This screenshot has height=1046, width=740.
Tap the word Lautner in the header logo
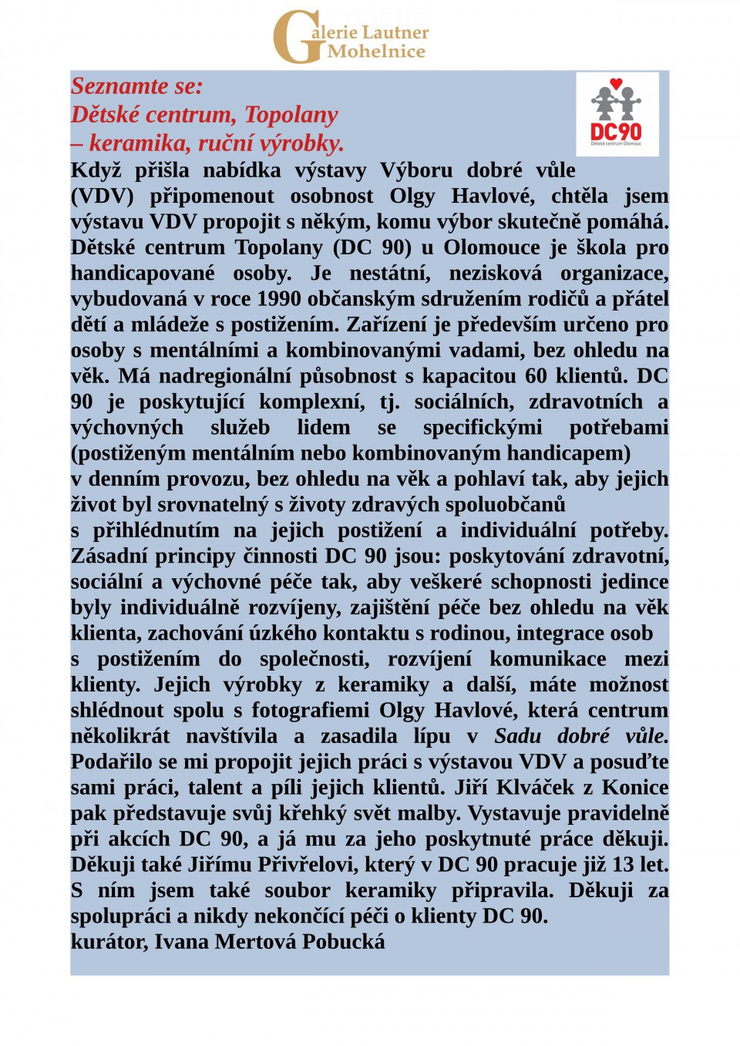(x=395, y=32)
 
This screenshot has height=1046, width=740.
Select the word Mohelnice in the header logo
(x=376, y=52)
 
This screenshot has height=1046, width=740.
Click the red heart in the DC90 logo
(x=615, y=83)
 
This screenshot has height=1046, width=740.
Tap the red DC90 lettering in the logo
(x=616, y=131)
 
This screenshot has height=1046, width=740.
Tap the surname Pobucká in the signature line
(x=343, y=942)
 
